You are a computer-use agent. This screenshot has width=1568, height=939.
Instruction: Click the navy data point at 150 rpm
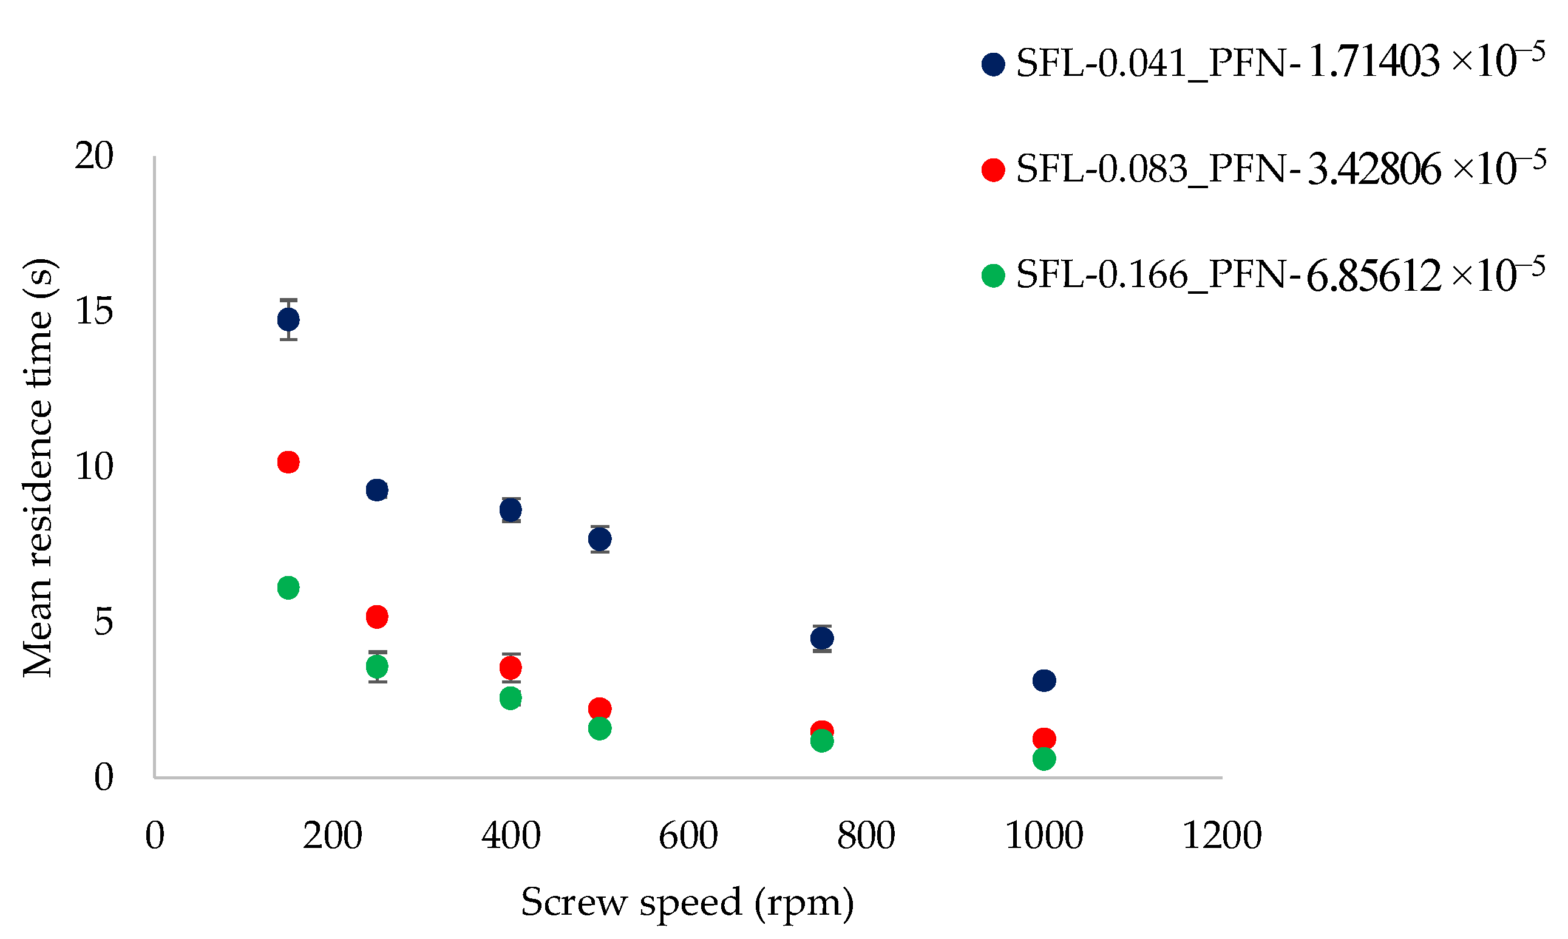[288, 319]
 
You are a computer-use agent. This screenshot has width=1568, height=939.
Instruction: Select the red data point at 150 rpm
[288, 463]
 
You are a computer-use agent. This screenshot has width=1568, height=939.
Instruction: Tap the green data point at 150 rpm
[288, 588]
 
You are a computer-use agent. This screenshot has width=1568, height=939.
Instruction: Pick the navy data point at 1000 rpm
[1044, 681]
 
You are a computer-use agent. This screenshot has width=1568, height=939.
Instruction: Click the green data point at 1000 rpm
[1044, 759]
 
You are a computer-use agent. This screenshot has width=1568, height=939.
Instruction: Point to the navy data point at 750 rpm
[821, 639]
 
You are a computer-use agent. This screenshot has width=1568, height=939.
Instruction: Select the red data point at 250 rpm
[376, 617]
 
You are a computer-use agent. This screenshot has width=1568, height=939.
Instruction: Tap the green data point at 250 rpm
[376, 666]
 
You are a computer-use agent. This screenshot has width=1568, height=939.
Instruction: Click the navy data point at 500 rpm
[599, 540]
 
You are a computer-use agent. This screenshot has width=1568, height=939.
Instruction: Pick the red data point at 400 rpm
[510, 668]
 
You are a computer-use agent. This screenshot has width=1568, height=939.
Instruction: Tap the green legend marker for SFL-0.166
[993, 276]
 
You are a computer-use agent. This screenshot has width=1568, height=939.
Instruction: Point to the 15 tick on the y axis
[93, 311]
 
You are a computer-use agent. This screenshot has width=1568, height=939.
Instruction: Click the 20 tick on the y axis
[93, 155]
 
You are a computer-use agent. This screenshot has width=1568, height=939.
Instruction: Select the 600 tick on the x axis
[688, 836]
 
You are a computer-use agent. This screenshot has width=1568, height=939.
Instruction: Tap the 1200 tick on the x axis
[1221, 836]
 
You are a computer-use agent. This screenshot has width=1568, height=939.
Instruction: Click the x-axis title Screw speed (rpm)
[687, 901]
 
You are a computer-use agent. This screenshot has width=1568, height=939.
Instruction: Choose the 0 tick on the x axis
[154, 836]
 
